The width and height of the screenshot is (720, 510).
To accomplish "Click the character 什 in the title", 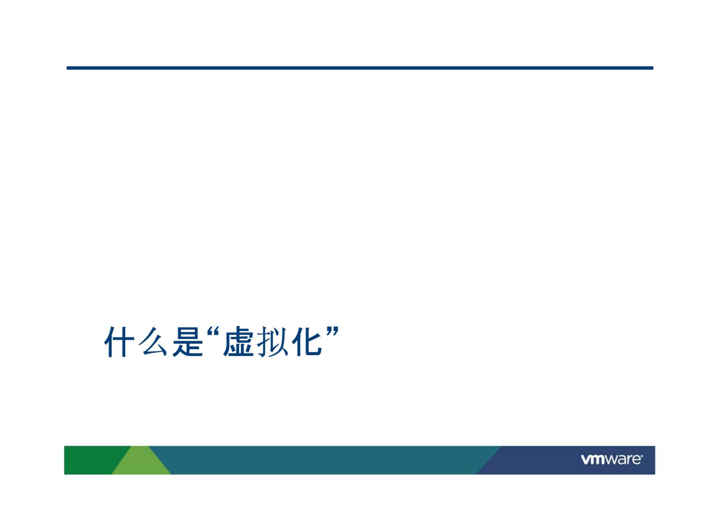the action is (119, 342).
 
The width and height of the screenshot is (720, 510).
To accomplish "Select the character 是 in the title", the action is (187, 342).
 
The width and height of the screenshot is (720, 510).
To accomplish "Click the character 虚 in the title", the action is (239, 342).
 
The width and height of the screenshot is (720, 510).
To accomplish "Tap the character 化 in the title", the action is (307, 342).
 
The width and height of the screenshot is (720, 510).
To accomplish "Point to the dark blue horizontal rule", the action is (360, 68).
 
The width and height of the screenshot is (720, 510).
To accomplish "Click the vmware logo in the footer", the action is (611, 459).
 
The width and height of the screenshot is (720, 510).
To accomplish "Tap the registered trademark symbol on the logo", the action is (642, 456).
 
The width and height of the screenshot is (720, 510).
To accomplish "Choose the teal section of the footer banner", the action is (323, 460).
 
